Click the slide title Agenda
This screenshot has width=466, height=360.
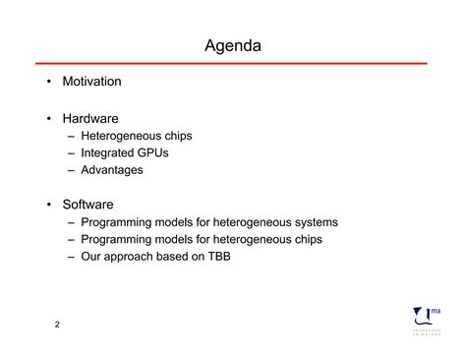[233, 46]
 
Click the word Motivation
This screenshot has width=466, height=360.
[91, 82]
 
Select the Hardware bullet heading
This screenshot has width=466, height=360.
[90, 119]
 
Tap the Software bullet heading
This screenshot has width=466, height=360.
[88, 205]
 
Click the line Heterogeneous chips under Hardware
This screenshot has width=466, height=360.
[136, 137]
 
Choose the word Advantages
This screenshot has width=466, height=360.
[111, 170]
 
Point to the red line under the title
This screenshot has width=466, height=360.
[233, 64]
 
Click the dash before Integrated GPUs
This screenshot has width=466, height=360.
[73, 153]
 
